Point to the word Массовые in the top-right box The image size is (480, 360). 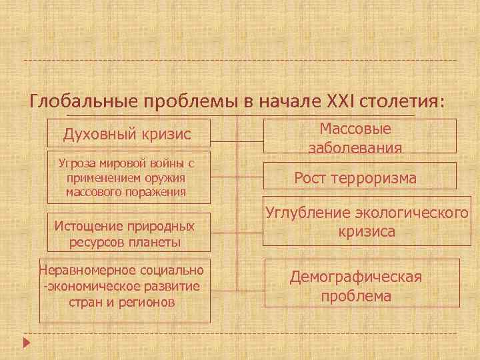point(355,128)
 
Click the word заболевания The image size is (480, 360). point(355,147)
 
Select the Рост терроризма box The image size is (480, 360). point(355,178)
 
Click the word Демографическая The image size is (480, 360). point(356,277)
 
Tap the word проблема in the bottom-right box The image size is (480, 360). point(356,296)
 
